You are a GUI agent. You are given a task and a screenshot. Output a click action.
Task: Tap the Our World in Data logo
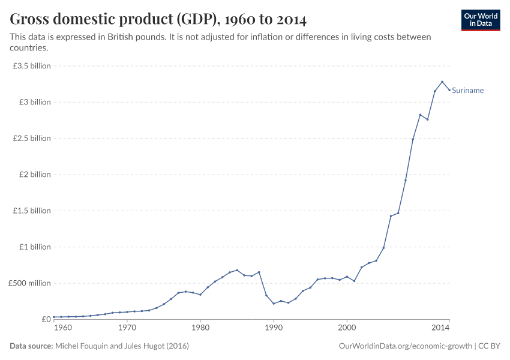point(481,20)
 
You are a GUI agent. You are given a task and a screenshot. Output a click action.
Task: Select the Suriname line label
point(467,91)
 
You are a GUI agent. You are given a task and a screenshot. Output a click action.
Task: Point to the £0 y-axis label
point(46,319)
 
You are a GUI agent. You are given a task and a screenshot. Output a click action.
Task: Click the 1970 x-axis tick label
point(127,328)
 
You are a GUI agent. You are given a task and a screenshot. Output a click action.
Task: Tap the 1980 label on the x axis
point(200,328)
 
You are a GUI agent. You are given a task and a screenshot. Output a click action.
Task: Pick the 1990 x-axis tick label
point(274,328)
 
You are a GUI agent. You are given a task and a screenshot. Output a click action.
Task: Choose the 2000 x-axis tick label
point(347,328)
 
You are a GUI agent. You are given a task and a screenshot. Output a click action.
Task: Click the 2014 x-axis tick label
point(440,328)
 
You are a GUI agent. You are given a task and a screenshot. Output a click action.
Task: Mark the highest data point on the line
point(442,82)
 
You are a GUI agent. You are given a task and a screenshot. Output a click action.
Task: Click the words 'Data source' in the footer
point(31,346)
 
